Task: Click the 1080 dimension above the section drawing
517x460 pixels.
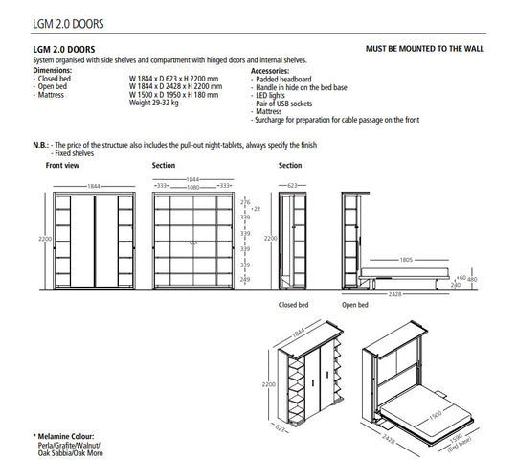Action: (x=192, y=188)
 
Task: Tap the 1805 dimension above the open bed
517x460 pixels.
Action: (x=406, y=260)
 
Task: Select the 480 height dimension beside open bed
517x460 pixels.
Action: (x=472, y=279)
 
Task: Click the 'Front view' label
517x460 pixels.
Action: (x=62, y=166)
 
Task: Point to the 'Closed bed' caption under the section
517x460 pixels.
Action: (x=294, y=305)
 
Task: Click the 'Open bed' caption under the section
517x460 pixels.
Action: (x=355, y=305)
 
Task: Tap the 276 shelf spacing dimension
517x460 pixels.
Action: (x=245, y=202)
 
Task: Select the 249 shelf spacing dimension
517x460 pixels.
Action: (x=245, y=280)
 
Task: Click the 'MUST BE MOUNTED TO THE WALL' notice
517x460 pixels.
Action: (x=425, y=49)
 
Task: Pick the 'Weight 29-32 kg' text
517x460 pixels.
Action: (x=153, y=103)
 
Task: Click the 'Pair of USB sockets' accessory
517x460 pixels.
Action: (x=284, y=103)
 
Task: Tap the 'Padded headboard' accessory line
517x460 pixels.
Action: (x=283, y=80)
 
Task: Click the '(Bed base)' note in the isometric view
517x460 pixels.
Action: (x=460, y=445)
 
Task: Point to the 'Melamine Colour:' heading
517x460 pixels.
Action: (x=66, y=437)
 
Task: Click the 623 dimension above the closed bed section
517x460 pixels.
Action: (x=292, y=186)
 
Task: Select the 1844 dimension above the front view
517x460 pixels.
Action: (x=94, y=187)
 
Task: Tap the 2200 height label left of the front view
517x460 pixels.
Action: (x=45, y=239)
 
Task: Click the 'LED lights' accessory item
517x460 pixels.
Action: (x=270, y=96)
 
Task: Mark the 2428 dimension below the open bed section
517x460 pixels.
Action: (x=394, y=294)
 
